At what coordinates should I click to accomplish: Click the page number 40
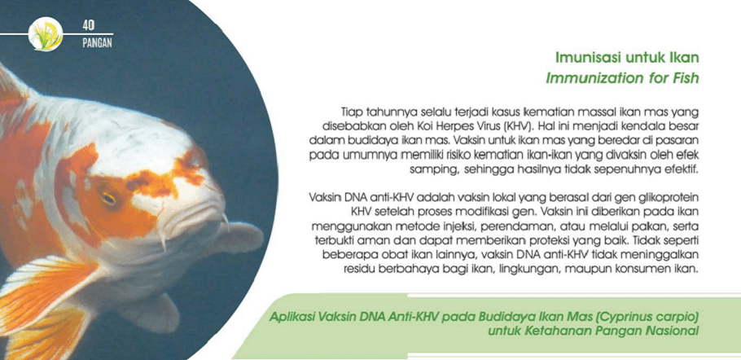tap(89, 26)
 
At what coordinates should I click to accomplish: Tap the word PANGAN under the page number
tap(97, 43)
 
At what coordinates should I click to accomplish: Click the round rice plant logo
tap(46, 34)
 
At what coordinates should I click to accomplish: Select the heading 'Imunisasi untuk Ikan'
tap(627, 59)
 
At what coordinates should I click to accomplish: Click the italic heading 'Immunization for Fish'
tap(622, 78)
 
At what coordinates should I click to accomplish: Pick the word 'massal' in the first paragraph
tap(575, 112)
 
